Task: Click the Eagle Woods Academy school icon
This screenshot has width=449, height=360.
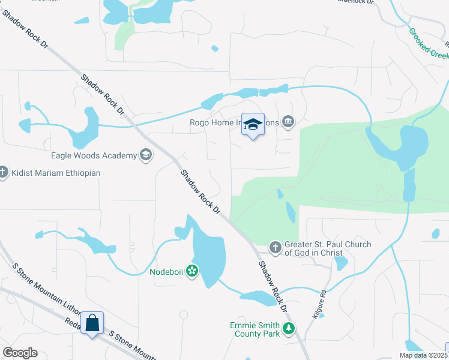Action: [x=145, y=155]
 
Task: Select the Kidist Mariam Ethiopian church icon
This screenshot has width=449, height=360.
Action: [x=3, y=173]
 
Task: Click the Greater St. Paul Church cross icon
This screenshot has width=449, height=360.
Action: [x=275, y=247]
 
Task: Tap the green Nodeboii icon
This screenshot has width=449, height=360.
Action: [x=192, y=272]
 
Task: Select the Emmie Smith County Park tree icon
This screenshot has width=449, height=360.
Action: [x=289, y=329]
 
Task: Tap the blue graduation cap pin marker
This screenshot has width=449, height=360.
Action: [x=253, y=125]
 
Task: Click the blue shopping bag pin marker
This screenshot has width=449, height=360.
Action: [x=92, y=323]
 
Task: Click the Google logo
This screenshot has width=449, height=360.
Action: [x=20, y=352]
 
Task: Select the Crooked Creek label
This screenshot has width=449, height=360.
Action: [x=429, y=43]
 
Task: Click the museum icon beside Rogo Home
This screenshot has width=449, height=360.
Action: [x=289, y=122]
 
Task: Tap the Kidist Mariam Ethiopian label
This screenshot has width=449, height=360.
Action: [x=55, y=173]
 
